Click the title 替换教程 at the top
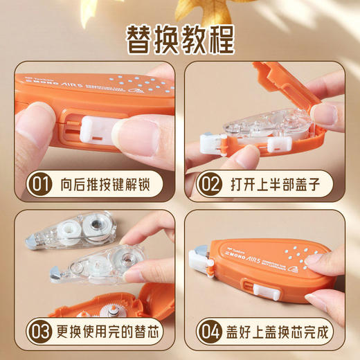pos(179,39)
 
